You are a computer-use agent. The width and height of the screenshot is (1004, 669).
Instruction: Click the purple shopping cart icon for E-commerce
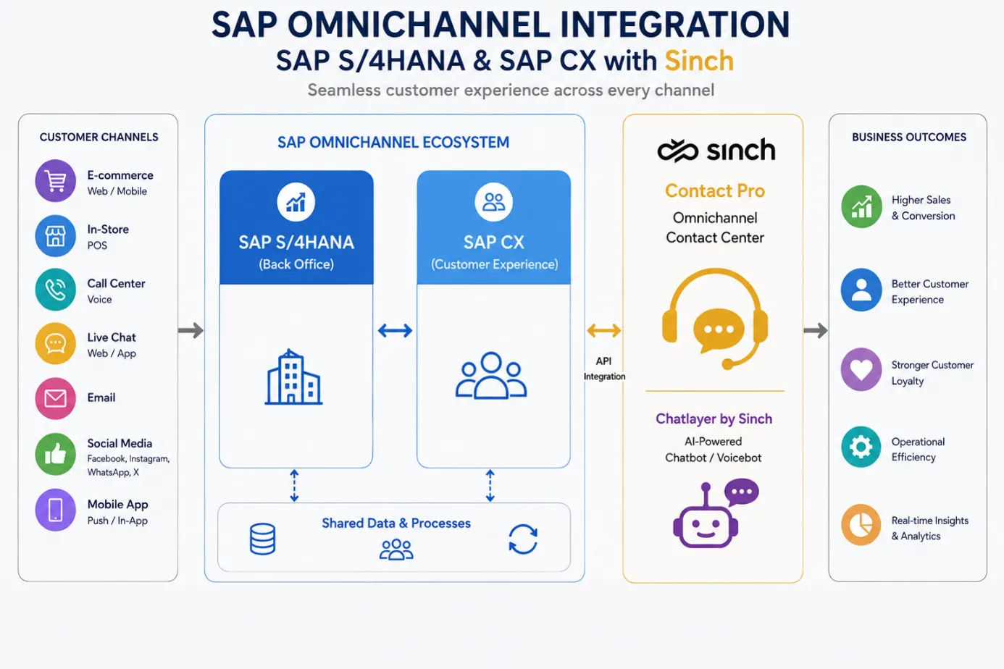pos(56,180)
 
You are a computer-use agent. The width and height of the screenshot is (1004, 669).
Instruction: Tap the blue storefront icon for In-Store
pos(56,236)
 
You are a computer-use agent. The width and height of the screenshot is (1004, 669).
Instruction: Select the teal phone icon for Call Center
pos(56,290)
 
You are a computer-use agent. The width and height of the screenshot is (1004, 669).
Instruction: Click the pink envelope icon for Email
pos(56,398)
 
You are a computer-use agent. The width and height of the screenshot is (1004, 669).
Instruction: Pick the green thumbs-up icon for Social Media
pos(56,455)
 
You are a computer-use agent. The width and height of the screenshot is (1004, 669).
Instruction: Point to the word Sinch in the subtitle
pos(699,61)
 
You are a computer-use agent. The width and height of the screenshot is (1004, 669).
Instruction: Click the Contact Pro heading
pos(715,191)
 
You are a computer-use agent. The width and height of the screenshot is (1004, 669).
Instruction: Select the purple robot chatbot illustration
pos(715,513)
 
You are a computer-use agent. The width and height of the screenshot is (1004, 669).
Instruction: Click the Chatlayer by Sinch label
pos(714,418)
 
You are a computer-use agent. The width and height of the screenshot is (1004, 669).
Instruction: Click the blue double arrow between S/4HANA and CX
pos(395,331)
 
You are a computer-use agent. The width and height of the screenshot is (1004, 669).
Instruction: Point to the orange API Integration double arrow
pos(603,331)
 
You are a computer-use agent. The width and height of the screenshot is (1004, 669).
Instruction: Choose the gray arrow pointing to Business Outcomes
pos(816,331)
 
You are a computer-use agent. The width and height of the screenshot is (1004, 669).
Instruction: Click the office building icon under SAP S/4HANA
pos(293,377)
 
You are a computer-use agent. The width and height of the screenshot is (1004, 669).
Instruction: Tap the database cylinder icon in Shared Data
pos(263,539)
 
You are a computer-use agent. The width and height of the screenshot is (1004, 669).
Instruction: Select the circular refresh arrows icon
pos(523,539)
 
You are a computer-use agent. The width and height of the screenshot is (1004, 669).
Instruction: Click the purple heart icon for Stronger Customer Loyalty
pos(861,369)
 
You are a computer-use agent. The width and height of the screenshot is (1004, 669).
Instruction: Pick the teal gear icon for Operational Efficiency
pos(861,447)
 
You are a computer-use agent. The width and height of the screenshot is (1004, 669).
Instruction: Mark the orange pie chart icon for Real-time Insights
pos(861,525)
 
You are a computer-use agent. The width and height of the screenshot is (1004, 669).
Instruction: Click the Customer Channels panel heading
pos(99,137)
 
